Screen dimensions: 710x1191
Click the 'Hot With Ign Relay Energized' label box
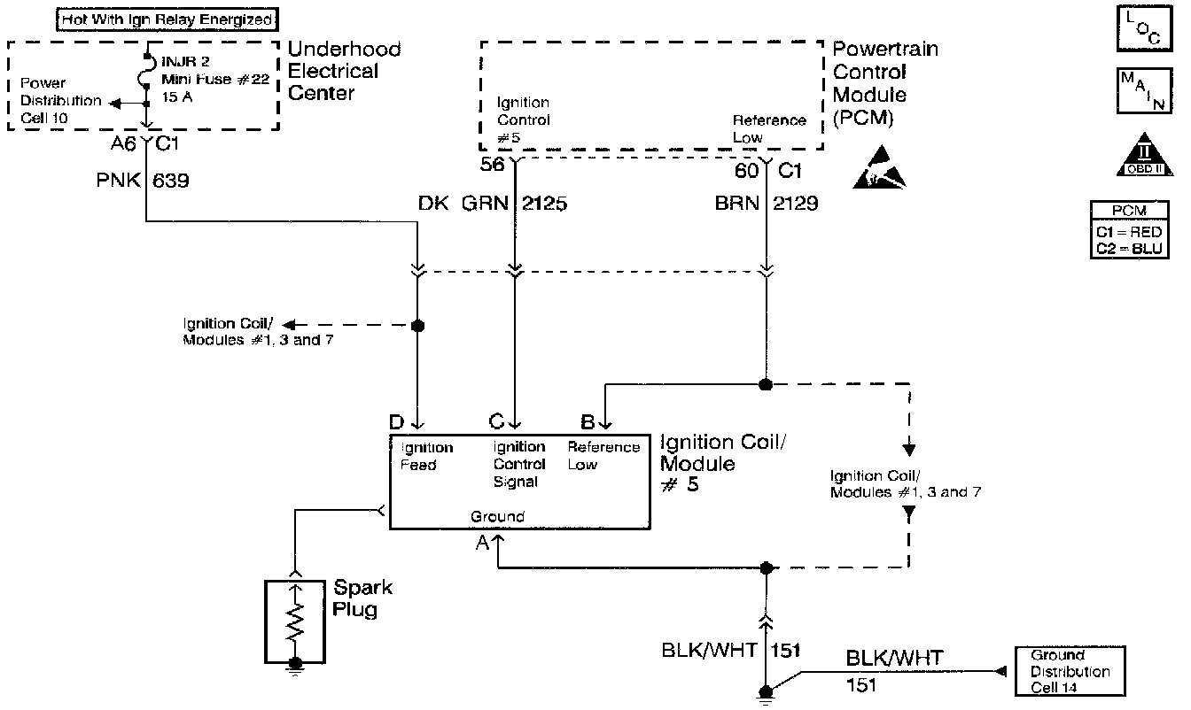click(x=167, y=18)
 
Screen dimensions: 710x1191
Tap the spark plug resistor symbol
click(x=295, y=622)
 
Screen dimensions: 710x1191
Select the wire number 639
click(x=171, y=181)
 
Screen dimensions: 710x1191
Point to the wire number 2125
click(x=545, y=204)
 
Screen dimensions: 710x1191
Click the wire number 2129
click(x=796, y=204)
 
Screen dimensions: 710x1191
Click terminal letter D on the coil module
click(x=397, y=421)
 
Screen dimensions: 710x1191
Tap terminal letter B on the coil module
click(x=586, y=421)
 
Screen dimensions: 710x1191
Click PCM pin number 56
click(x=492, y=166)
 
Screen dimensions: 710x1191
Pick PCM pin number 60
click(x=748, y=168)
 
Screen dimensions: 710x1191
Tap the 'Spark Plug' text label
click(x=363, y=598)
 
